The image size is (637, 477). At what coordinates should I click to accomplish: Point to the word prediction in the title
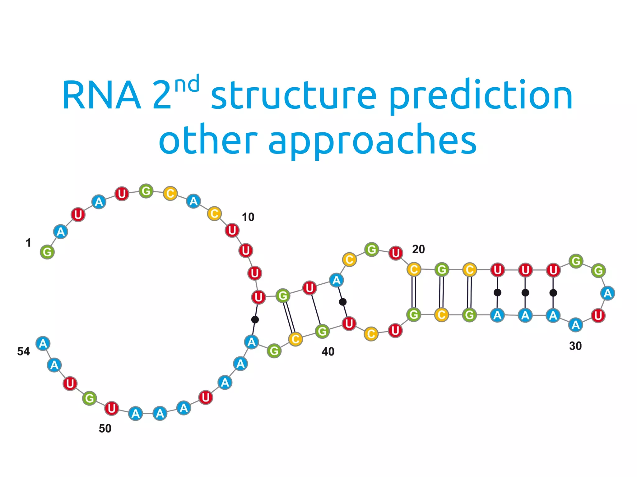[x=481, y=96]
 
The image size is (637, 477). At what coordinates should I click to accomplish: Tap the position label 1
[x=28, y=243]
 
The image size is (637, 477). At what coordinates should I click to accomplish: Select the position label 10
[x=248, y=217]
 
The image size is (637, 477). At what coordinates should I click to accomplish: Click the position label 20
[x=418, y=249]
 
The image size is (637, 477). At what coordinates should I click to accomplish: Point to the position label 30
[x=575, y=346]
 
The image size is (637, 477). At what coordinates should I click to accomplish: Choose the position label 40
[x=328, y=351]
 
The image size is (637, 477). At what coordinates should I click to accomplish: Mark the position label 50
[x=105, y=429]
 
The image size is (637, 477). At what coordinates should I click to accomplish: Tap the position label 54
[x=23, y=351]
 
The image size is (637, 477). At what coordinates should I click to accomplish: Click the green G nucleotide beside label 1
[x=47, y=252]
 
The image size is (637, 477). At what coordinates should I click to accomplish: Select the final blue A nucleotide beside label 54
[x=43, y=343]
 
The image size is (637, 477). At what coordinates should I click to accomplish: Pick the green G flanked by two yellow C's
[x=442, y=269]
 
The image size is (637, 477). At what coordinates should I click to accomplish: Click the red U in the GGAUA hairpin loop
[x=598, y=316]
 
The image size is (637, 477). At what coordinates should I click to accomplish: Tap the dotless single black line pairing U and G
[x=316, y=310]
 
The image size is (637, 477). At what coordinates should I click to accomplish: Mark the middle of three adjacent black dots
[x=525, y=292]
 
